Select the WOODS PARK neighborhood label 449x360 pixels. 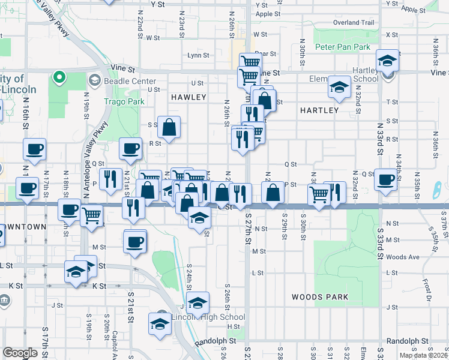click(316, 297)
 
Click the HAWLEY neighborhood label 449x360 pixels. click(188, 97)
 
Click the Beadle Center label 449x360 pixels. click(130, 81)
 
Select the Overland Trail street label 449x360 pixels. click(354, 23)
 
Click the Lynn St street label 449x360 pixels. click(198, 55)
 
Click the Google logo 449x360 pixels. click(20, 353)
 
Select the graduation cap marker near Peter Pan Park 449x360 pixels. click(388, 60)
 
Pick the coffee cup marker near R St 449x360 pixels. click(130, 149)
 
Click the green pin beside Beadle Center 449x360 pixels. click(59, 76)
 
